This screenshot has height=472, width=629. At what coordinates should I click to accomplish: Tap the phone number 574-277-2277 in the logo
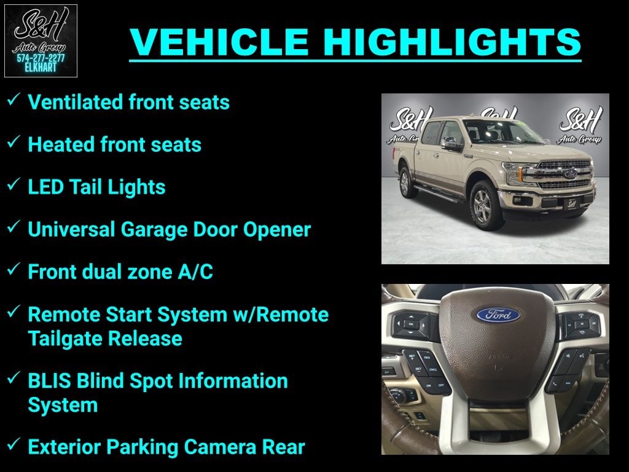pos(41,58)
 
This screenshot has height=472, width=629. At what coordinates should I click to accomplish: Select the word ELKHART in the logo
pos(41,68)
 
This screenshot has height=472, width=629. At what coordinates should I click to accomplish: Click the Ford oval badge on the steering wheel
pos(498,315)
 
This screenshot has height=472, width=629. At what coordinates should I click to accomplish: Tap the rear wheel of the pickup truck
pos(405,183)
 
